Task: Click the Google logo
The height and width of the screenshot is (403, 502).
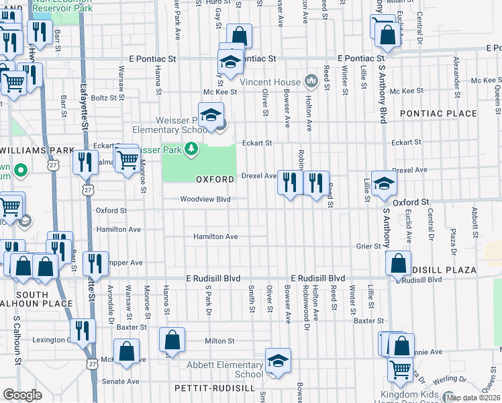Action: click(x=22, y=395)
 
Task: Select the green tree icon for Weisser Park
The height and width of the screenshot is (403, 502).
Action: click(x=193, y=148)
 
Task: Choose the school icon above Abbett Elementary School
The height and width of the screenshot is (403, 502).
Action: click(x=277, y=362)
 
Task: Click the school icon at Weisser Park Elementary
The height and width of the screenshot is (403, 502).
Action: click(x=210, y=115)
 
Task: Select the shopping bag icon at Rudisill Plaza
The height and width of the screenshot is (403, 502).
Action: click(x=399, y=265)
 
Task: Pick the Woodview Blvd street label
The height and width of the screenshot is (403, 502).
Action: click(x=205, y=199)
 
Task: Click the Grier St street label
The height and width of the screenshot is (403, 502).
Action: click(x=368, y=247)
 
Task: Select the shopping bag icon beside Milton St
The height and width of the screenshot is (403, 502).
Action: click(x=172, y=341)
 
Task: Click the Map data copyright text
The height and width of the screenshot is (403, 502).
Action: click(x=474, y=398)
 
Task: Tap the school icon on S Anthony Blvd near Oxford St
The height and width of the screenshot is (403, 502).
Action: click(x=383, y=183)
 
